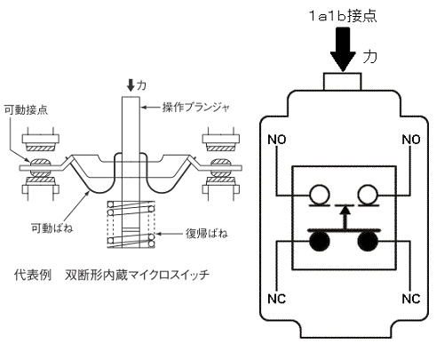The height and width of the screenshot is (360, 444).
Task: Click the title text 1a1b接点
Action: [343, 16]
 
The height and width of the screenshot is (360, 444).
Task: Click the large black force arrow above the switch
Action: [343, 50]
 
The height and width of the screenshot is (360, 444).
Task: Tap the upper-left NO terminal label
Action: [277, 140]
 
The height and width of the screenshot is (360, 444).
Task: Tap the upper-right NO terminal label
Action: [411, 140]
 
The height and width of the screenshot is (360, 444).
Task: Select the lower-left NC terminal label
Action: [277, 299]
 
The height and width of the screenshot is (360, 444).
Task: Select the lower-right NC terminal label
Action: [411, 299]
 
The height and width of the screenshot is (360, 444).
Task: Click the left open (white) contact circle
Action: [320, 195]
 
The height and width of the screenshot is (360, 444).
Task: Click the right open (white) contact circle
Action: [368, 195]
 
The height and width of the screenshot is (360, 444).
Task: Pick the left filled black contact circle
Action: [320, 241]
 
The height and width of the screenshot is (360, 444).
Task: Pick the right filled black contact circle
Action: [368, 241]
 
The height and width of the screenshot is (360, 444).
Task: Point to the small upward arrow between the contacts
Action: [344, 218]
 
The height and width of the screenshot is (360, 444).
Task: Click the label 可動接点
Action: [26, 110]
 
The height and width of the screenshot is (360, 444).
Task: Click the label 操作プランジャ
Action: [196, 108]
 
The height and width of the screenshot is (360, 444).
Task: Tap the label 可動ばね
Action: [52, 228]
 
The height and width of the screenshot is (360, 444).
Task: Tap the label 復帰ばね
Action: [207, 234]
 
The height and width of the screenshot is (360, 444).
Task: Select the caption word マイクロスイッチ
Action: [170, 275]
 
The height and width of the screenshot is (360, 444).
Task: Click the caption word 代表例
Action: [33, 275]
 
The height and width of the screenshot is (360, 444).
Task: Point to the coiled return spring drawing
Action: [131, 224]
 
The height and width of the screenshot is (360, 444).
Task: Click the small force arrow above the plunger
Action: [131, 85]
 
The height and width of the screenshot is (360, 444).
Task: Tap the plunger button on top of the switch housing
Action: [343, 82]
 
